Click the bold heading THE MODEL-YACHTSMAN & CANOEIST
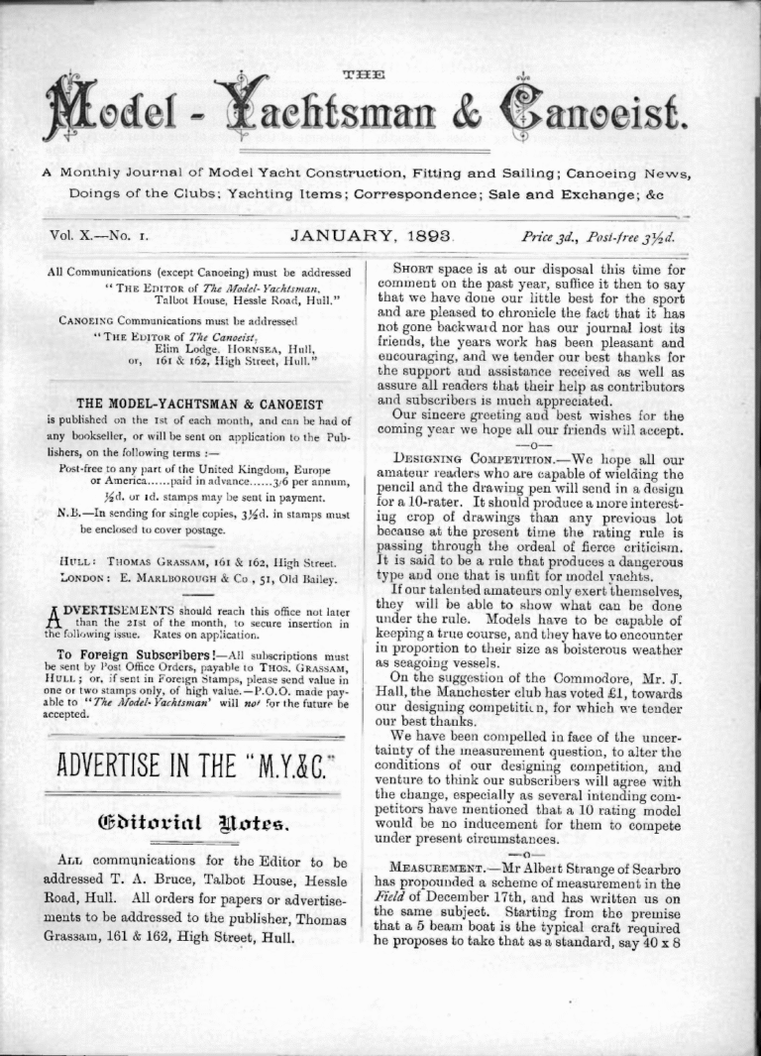point(199,404)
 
